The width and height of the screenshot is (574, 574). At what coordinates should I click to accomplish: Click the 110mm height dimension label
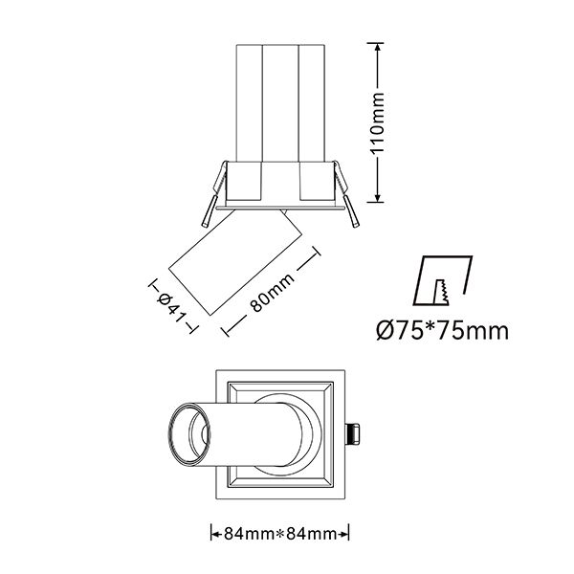(378, 123)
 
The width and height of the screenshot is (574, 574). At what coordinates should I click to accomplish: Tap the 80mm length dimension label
(272, 293)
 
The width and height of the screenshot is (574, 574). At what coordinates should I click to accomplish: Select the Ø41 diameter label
(171, 307)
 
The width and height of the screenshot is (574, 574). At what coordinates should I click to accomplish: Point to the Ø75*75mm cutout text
(443, 331)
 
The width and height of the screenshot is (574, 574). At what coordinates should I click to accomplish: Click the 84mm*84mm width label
(280, 534)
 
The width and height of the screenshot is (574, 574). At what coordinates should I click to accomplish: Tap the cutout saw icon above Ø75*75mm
(443, 280)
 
